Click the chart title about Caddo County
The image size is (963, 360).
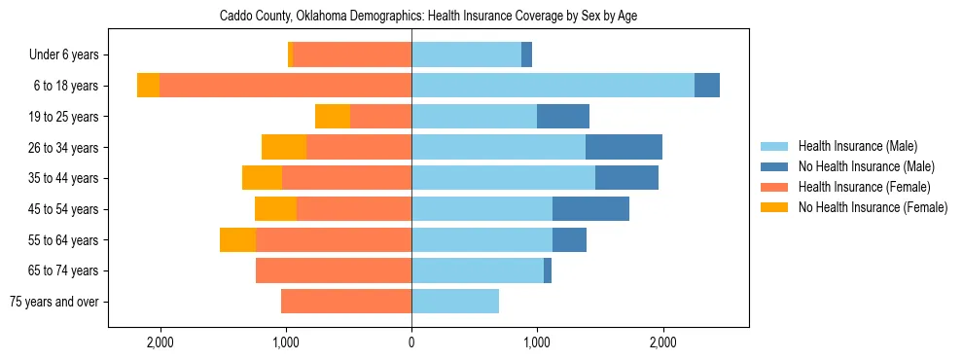point(428,17)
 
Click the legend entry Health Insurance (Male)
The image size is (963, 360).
point(857,146)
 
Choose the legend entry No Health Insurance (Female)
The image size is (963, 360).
point(873,207)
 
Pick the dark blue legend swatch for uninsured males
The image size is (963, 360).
point(775,166)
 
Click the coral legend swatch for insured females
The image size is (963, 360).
point(775,187)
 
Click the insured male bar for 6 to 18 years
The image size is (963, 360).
point(553,86)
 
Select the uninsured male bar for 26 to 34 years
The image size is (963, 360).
point(624,147)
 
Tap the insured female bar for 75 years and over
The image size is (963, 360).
point(346,302)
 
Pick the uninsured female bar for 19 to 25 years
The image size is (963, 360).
point(333,117)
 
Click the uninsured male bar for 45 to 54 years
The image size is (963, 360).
point(590,209)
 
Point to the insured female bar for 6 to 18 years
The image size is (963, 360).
point(285,86)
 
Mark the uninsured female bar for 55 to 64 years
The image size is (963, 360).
point(237,240)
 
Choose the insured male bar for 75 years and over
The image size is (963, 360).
point(455,302)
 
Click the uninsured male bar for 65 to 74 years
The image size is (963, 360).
point(548,270)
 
